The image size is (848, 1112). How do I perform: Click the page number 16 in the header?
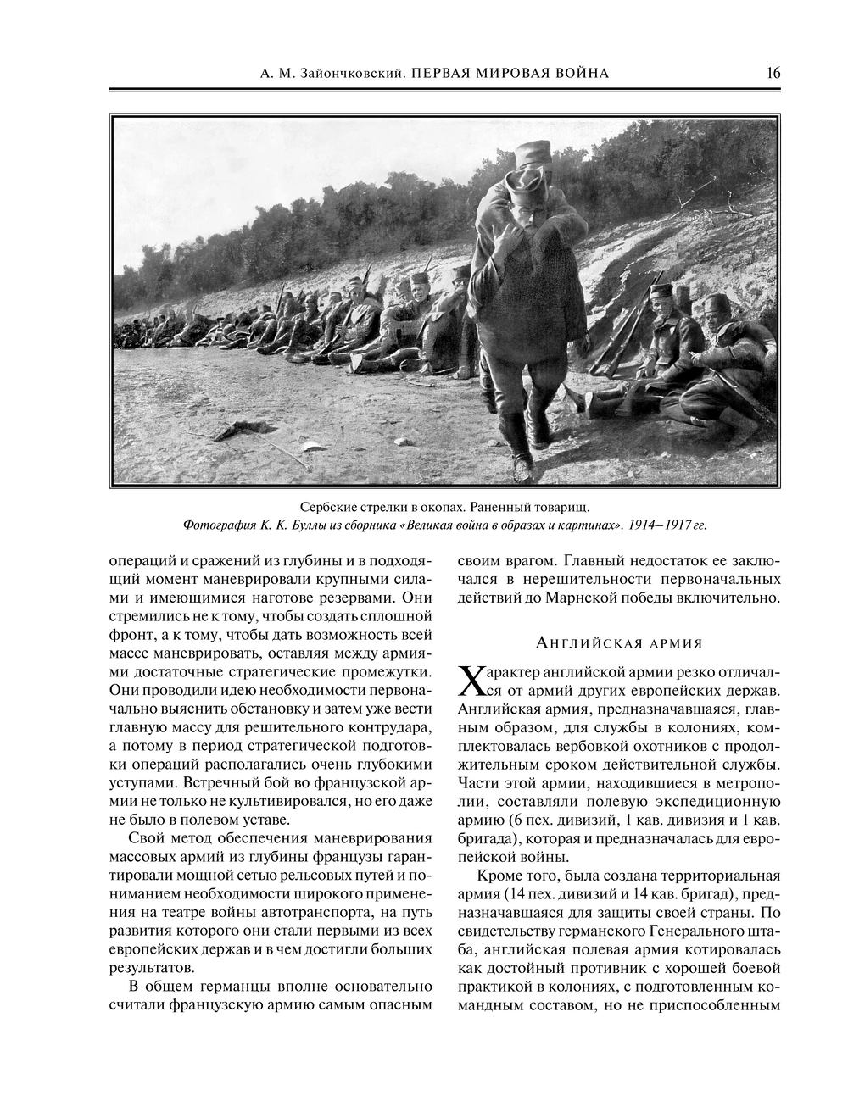(x=773, y=73)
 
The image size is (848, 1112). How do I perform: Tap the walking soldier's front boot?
(x=524, y=465)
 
